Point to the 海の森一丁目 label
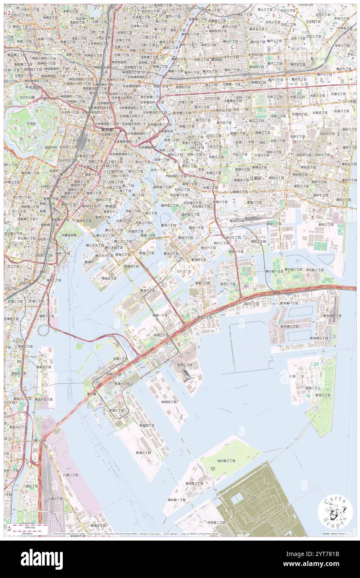[177, 499]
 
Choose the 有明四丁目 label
[169, 402]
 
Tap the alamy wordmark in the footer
[42, 558]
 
